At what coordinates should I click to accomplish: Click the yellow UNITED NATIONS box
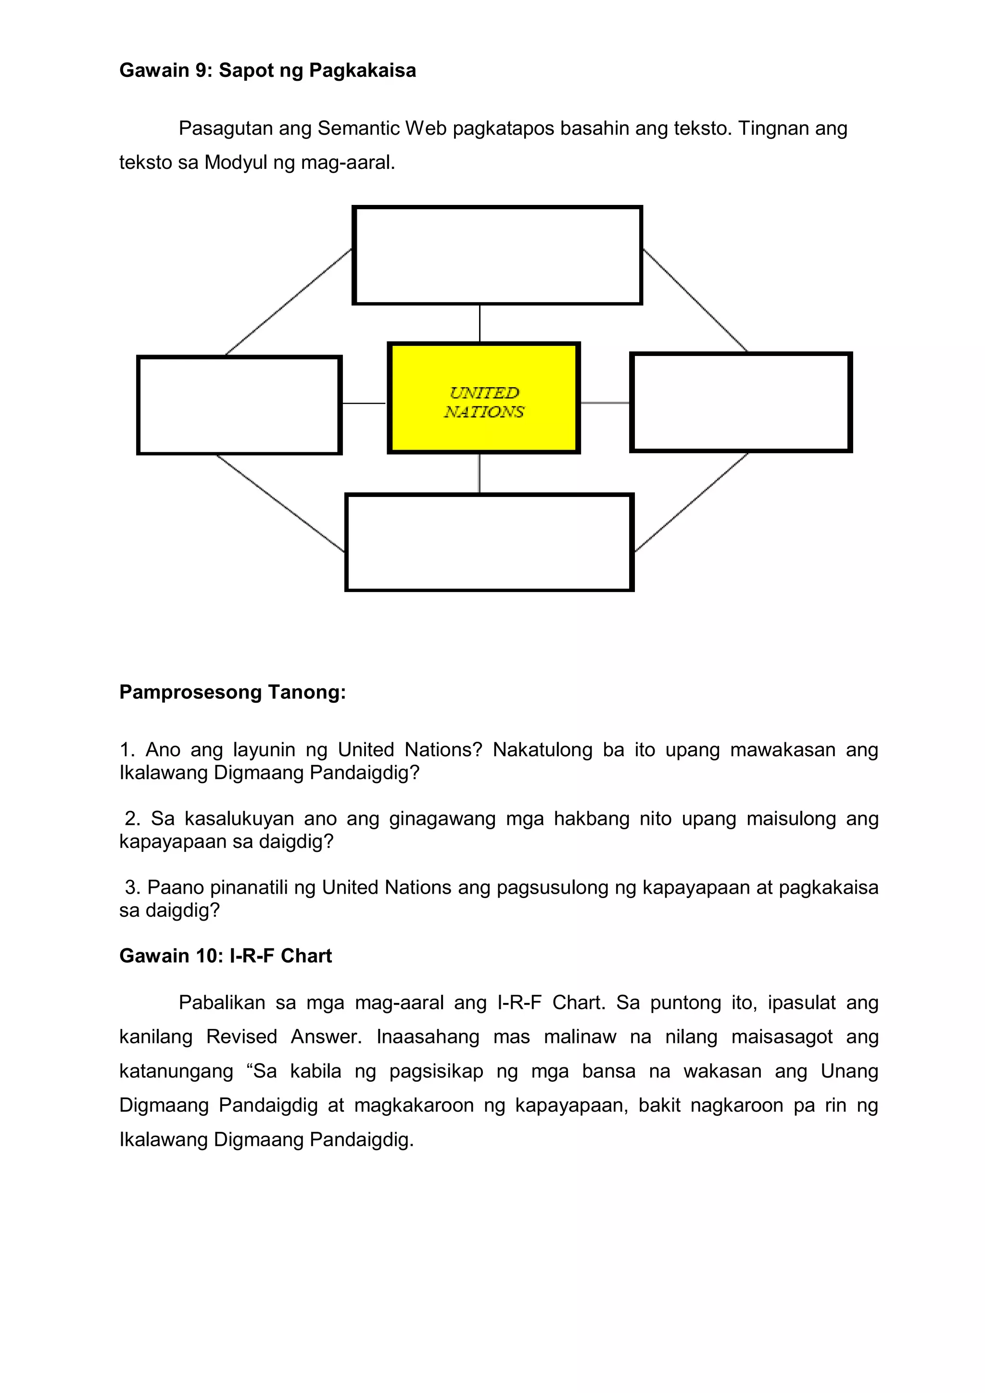484,398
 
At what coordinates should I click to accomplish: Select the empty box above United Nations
497,255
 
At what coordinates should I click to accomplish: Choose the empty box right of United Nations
741,402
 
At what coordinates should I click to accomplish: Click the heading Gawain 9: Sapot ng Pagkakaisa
267,70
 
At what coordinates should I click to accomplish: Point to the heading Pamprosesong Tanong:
232,692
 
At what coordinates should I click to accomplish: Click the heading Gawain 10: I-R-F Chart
225,956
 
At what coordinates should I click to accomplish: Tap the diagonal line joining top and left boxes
288,302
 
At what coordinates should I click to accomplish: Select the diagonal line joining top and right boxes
695,300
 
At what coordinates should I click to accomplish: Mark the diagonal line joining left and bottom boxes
280,503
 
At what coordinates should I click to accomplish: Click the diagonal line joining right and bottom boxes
692,502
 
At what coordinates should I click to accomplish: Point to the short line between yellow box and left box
364,403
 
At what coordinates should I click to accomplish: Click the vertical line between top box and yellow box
480,323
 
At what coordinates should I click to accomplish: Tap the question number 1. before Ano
127,750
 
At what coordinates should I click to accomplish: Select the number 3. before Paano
133,887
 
